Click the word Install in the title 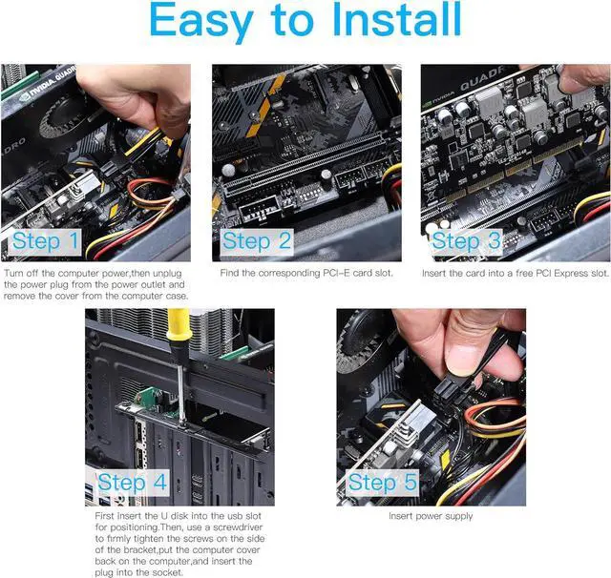(x=397, y=19)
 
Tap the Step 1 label (x=46, y=241)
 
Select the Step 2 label (x=257, y=241)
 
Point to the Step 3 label (x=467, y=241)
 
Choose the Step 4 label (x=132, y=483)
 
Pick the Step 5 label (x=382, y=483)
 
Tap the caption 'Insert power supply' (x=431, y=516)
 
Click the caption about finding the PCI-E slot (x=306, y=273)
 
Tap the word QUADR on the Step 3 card (x=482, y=80)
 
